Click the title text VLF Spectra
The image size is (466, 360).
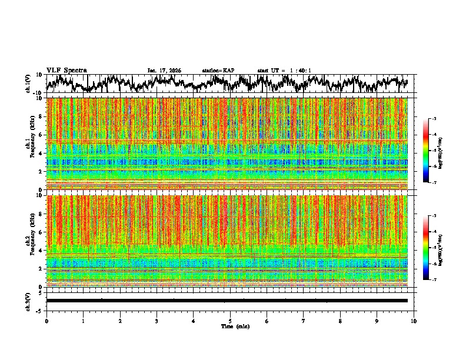coord(66,71)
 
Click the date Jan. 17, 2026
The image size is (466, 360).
coord(164,71)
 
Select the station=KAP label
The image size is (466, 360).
coord(218,71)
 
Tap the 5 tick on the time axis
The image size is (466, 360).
coord(230,321)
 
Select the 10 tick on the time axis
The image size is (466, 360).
coord(414,321)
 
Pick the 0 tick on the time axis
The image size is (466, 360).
coord(46,321)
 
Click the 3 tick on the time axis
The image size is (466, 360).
coord(157,321)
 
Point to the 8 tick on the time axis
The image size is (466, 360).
coord(340,321)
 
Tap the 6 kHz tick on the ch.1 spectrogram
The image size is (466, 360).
coord(41,135)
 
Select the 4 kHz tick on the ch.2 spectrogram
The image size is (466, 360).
coord(41,250)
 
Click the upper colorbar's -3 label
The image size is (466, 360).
coord(434,119)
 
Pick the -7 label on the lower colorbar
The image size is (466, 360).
coord(434,280)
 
